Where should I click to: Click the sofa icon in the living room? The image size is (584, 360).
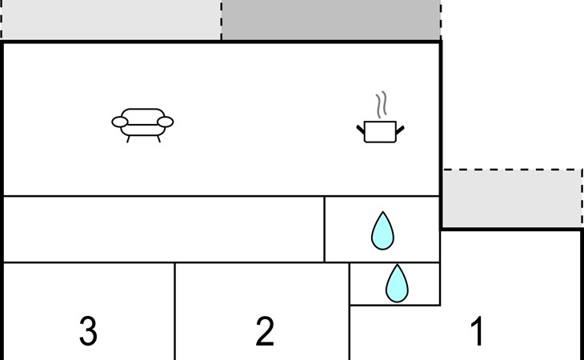142,122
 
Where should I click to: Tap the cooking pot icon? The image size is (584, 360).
379,131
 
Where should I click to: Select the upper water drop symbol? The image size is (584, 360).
383,230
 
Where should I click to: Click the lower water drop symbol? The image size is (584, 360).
396,284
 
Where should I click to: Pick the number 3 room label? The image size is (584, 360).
89,331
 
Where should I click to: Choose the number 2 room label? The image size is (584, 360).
265,331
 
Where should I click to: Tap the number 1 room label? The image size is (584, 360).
477,331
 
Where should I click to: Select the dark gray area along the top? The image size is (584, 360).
330,20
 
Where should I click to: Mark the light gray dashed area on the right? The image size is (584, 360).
512,198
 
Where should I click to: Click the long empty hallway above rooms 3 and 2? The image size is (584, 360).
163,229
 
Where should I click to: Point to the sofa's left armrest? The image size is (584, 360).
119,122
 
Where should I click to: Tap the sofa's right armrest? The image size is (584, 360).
166,122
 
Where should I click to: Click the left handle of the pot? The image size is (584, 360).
360,127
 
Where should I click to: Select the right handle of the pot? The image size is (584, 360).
399,127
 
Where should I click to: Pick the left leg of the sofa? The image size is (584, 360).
129,139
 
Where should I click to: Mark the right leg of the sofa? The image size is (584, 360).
158,139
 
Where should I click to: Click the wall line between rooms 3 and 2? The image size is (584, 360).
174,312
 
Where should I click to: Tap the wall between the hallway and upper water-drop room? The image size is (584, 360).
324,229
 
